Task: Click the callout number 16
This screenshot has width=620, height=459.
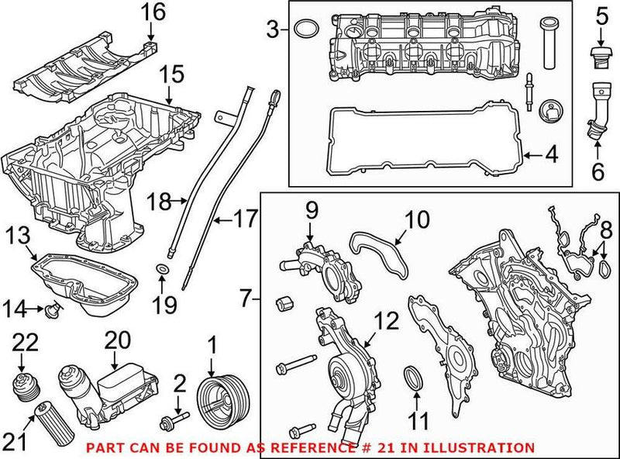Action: (153, 12)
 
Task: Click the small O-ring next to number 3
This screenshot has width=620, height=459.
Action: (308, 30)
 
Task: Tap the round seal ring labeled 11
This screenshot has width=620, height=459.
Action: (415, 380)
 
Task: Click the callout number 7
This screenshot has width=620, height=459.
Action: (246, 298)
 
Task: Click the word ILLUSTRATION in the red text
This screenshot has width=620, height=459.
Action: (484, 448)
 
